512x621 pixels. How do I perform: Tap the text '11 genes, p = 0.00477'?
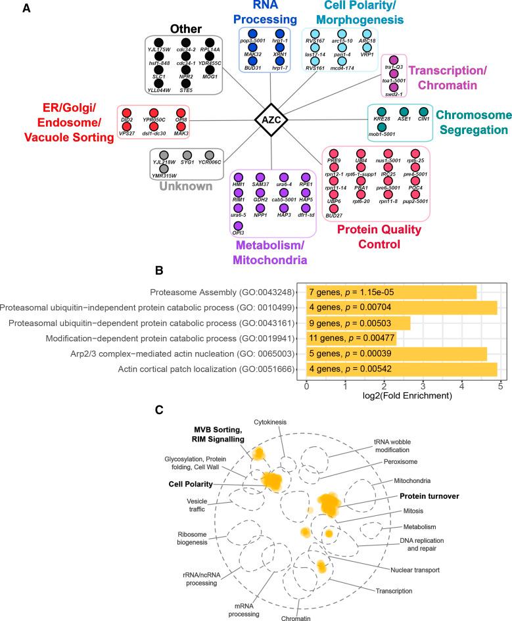[359, 338]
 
